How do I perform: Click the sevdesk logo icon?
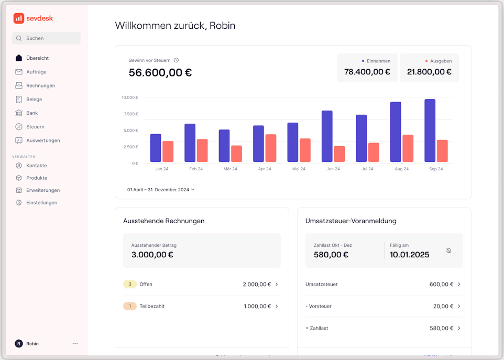[19, 18]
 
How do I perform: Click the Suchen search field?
[46, 38]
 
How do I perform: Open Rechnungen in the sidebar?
[40, 85]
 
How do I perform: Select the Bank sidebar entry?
[32, 113]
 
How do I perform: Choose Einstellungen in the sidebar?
[41, 203]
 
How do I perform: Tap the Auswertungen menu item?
[43, 140]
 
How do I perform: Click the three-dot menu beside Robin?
[75, 344]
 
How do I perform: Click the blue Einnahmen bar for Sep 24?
[430, 130]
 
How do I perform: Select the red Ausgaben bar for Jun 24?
[339, 154]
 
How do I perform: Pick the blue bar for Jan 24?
[156, 148]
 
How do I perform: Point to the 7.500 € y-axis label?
[129, 114]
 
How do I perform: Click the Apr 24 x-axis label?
[265, 169]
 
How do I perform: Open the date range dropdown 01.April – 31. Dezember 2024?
[161, 190]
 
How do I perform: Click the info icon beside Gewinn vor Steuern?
[176, 60]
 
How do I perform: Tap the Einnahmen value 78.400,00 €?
[367, 72]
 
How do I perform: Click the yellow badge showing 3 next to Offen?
[129, 285]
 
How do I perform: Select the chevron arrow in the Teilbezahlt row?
[277, 306]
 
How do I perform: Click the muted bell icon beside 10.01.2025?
[448, 251]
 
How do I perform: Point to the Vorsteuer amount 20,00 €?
[443, 306]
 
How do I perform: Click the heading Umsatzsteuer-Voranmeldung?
[350, 221]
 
